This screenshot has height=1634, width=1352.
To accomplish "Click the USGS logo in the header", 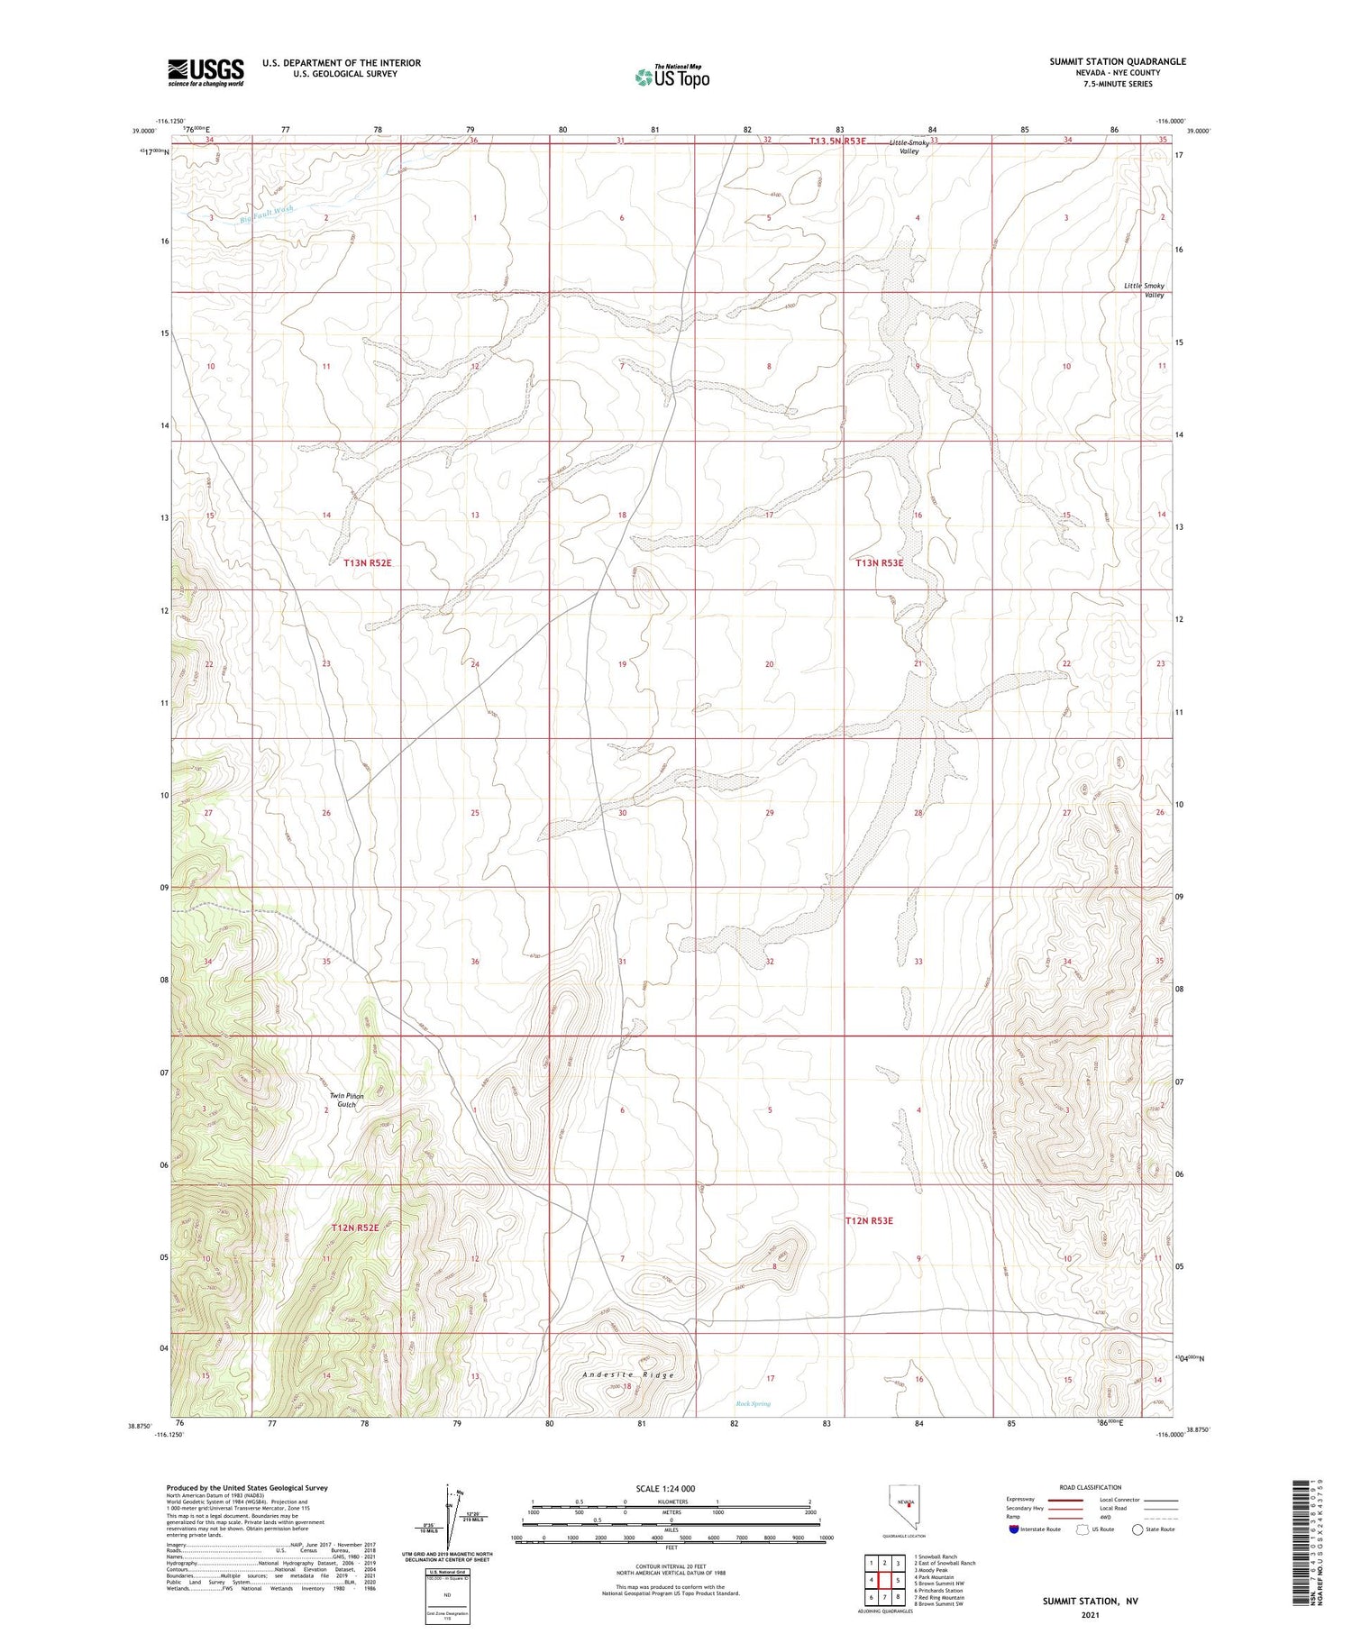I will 206,72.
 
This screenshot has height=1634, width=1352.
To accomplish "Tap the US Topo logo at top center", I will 671,78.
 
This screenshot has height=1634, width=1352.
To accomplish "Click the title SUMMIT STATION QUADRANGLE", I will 1117,61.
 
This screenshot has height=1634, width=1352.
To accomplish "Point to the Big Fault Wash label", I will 267,215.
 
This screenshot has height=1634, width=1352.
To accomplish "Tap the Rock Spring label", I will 753,1403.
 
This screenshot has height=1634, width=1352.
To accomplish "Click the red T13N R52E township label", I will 367,562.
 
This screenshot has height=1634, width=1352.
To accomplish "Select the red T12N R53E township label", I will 869,1220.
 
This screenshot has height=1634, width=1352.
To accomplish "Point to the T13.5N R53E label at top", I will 836,141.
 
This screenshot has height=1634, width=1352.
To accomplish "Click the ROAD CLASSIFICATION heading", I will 1091,1487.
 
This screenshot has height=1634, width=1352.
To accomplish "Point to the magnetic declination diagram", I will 451,1516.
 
